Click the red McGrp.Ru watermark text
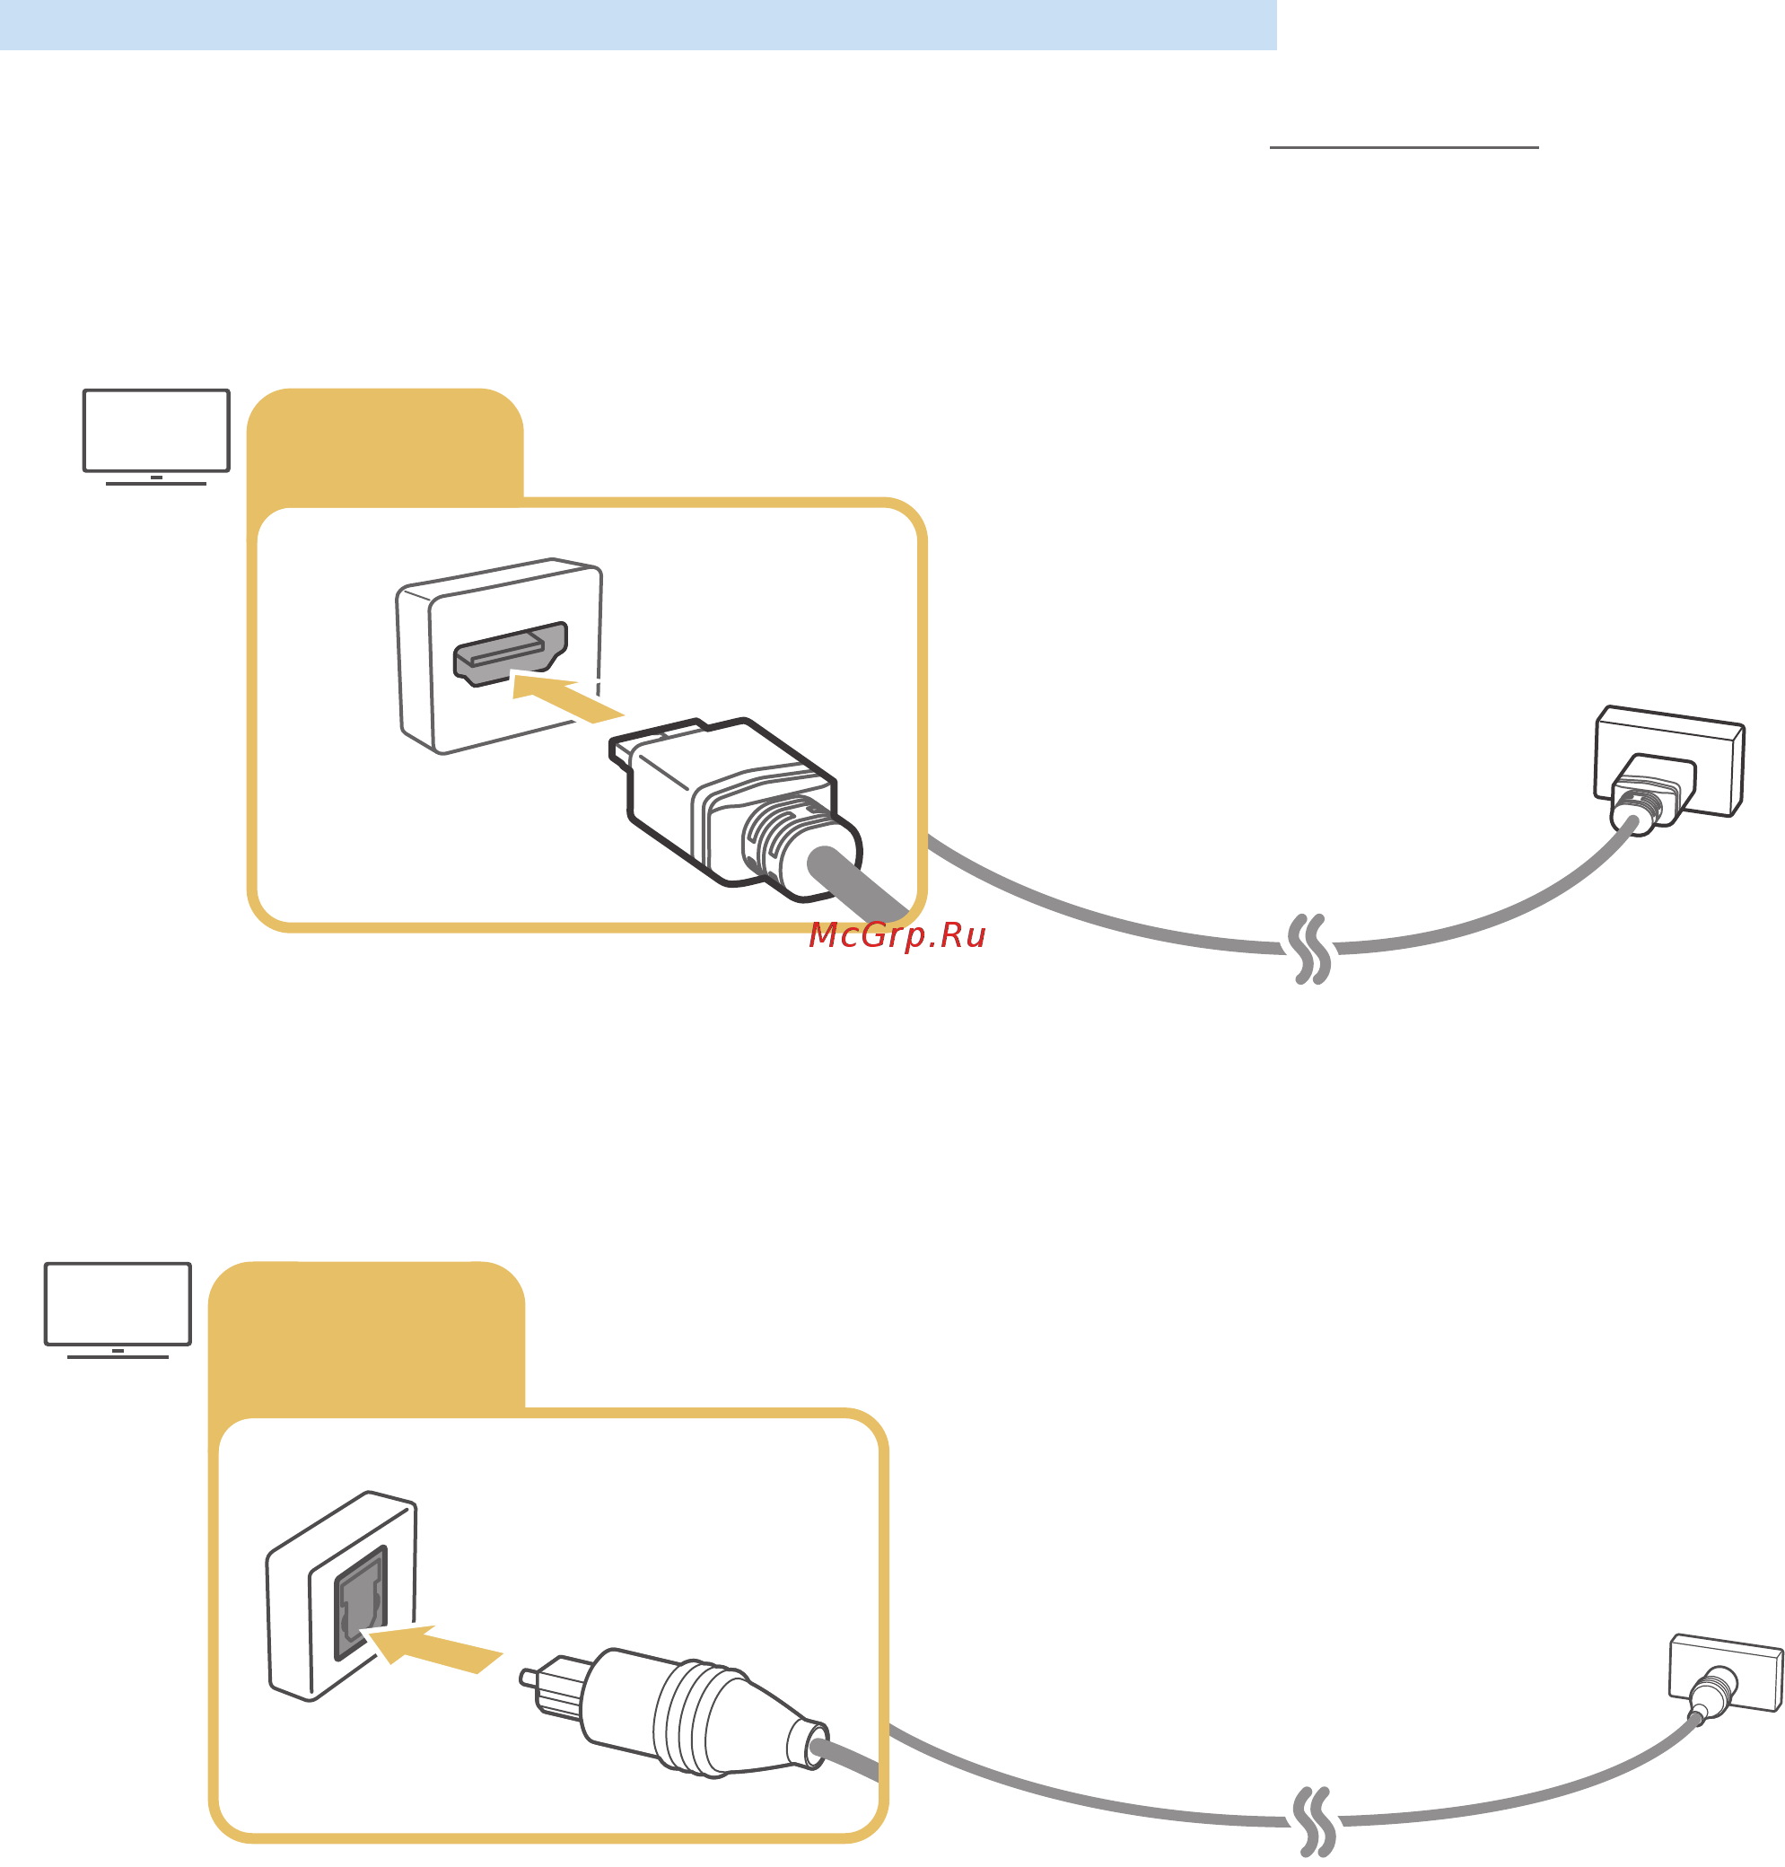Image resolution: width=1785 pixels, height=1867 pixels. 897,935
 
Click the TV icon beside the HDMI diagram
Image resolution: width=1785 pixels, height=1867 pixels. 156,437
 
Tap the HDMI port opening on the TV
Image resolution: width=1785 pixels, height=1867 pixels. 510,653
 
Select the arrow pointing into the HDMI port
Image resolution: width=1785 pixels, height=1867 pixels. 567,699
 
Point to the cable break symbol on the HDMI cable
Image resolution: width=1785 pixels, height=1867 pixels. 1310,949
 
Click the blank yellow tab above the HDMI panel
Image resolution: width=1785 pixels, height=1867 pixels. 384,443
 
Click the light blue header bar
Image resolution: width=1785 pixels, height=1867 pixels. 637,25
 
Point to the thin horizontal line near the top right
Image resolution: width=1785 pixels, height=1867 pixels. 1404,147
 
